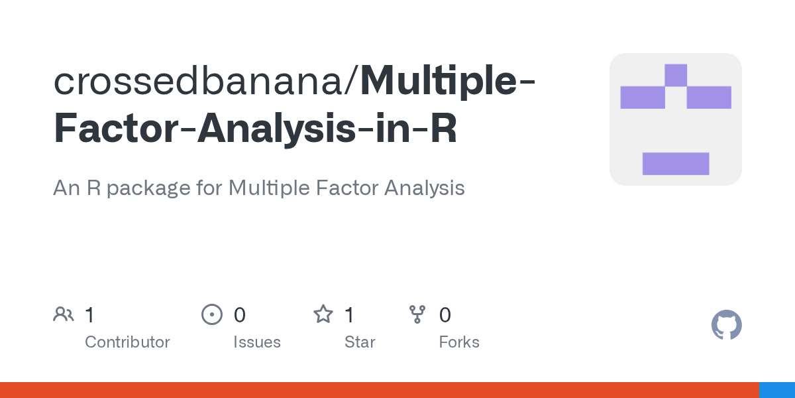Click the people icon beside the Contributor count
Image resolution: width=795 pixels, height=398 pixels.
click(64, 314)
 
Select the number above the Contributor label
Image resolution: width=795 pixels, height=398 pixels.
click(90, 314)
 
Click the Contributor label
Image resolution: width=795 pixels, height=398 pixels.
click(127, 342)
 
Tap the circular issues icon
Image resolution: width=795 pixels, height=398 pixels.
click(211, 314)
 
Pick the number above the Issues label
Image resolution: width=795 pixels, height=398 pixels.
click(239, 314)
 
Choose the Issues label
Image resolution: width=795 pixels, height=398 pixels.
click(256, 342)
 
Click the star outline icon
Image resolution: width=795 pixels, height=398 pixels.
click(323, 314)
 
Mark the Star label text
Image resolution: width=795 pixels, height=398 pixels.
click(360, 342)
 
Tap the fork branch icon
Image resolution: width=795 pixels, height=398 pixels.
click(417, 314)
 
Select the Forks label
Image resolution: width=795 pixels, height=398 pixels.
click(459, 342)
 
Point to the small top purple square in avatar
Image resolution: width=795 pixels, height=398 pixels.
click(675, 75)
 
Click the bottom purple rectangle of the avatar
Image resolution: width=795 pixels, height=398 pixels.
click(675, 163)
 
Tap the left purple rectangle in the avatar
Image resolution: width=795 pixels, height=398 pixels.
click(642, 97)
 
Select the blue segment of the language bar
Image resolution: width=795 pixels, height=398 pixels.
click(776, 390)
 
